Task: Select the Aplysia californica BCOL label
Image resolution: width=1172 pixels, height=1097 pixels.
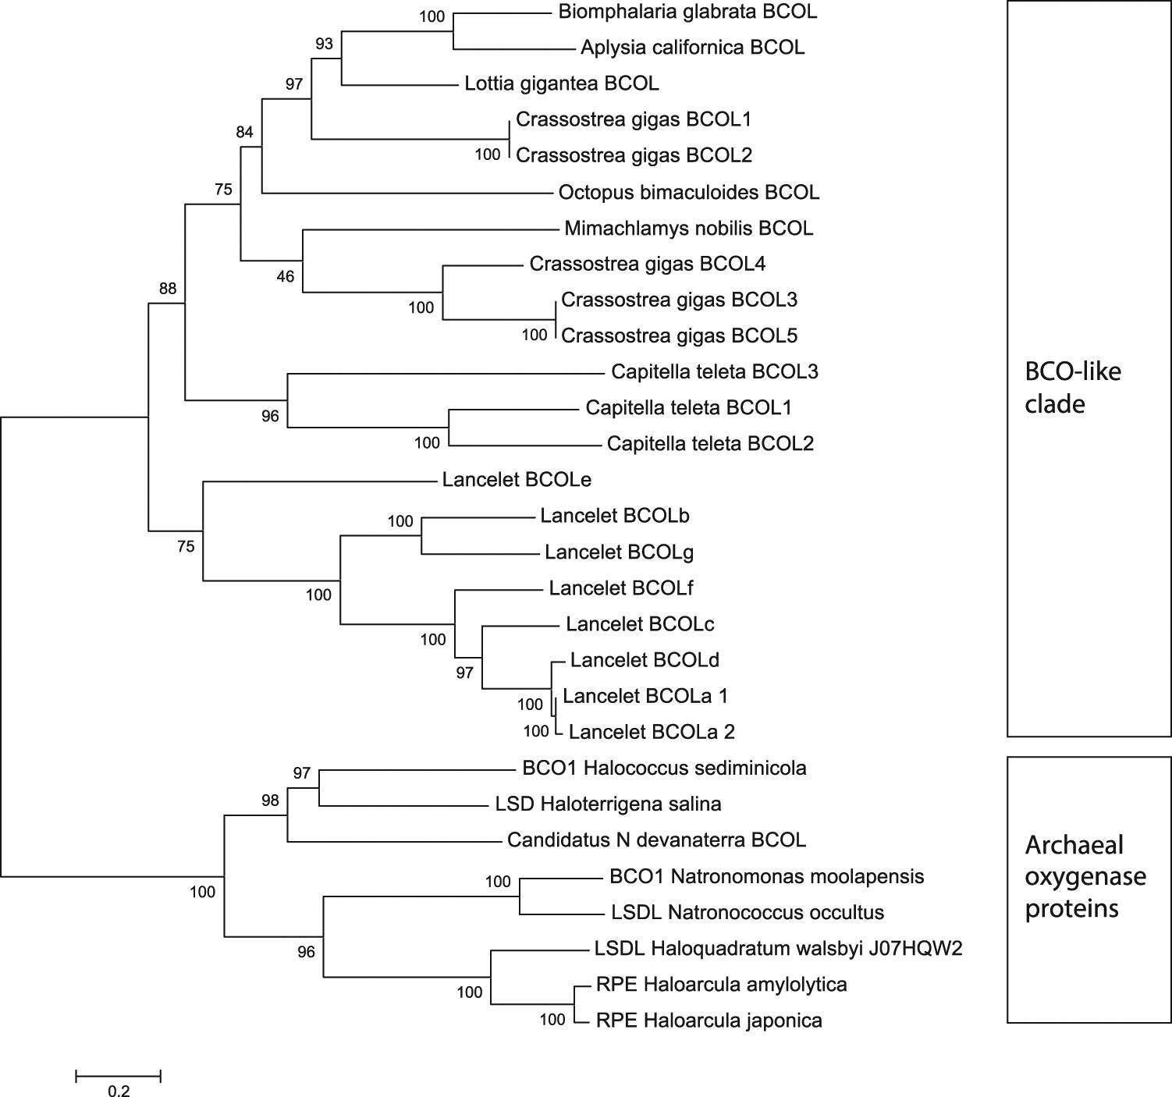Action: [692, 48]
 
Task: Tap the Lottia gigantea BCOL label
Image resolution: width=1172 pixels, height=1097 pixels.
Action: [562, 83]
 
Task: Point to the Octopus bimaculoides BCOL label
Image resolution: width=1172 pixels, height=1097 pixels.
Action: [689, 192]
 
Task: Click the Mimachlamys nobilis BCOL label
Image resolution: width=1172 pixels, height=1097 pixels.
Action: [688, 229]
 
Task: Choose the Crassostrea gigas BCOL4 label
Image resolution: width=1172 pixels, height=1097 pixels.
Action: [648, 264]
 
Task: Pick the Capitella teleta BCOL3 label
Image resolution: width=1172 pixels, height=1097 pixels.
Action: [715, 372]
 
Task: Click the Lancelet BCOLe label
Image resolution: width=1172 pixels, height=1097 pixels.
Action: [511, 480]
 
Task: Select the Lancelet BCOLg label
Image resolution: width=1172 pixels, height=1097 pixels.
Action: [620, 552]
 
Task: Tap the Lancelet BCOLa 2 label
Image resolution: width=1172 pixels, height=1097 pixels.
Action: [652, 733]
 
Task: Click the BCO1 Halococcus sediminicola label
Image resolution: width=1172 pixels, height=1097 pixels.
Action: [664, 769]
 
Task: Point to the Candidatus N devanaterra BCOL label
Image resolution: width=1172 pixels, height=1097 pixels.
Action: [656, 840]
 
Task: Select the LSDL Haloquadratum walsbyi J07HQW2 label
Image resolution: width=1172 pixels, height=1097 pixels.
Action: [779, 949]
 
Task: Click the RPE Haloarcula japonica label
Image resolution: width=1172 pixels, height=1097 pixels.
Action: [709, 1021]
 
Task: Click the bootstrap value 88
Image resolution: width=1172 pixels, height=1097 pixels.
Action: [168, 289]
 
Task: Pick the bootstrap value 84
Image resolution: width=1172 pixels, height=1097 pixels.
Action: [245, 133]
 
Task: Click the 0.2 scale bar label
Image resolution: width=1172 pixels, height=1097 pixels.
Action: [119, 1091]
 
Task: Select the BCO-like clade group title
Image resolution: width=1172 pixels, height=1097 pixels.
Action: [1073, 387]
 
